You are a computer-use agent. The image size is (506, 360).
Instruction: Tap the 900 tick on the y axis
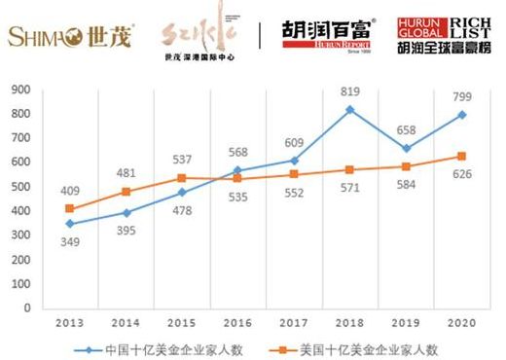point(21,90)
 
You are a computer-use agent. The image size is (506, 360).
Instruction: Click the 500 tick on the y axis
point(21,187)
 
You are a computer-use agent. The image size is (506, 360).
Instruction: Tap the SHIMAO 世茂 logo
point(72,36)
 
